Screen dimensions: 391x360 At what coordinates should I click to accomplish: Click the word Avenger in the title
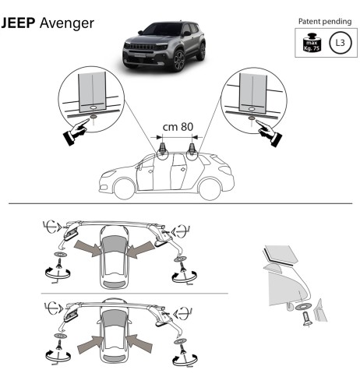click(x=69, y=25)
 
